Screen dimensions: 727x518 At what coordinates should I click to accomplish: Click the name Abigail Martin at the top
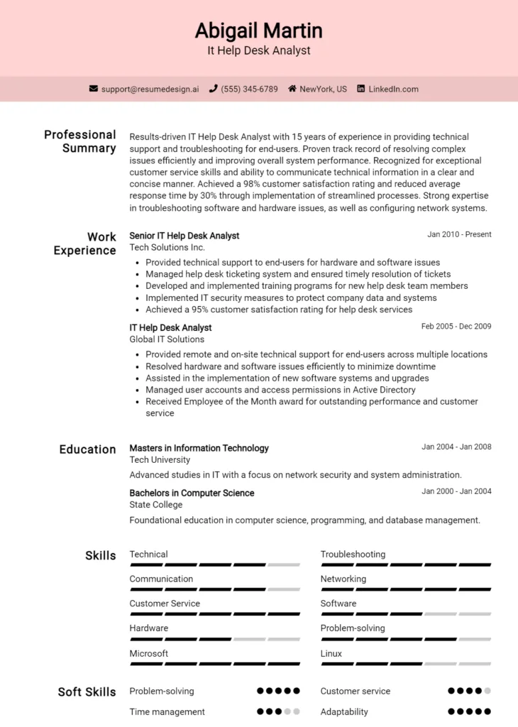(x=259, y=31)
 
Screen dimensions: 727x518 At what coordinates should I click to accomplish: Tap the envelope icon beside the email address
(x=94, y=89)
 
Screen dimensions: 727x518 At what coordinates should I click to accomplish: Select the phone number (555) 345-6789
(x=249, y=89)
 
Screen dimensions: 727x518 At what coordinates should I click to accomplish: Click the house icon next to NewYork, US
(x=292, y=89)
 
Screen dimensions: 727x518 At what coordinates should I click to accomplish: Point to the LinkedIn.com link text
(x=393, y=89)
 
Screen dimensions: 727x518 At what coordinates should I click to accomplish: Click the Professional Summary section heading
(x=80, y=141)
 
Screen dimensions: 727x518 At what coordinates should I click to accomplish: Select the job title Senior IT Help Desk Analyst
(x=184, y=236)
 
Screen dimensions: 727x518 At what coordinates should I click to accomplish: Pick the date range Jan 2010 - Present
(x=459, y=234)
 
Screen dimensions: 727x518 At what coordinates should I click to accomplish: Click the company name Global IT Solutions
(x=167, y=339)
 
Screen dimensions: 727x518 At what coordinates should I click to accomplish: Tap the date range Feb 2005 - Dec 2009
(x=456, y=327)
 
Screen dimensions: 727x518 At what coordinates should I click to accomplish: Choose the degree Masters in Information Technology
(x=199, y=448)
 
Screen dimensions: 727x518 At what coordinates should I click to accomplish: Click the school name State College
(x=156, y=505)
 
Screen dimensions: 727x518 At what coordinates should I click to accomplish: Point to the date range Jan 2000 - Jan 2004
(x=456, y=491)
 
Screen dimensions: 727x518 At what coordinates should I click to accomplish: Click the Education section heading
(x=87, y=449)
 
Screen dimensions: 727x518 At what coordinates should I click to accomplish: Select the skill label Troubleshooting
(x=353, y=554)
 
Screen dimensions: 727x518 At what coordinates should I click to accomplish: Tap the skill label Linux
(x=331, y=653)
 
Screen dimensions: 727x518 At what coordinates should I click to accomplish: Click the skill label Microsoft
(x=149, y=653)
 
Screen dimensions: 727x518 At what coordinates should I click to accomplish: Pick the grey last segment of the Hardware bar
(x=284, y=639)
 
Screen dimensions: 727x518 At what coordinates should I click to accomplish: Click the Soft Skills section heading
(x=87, y=692)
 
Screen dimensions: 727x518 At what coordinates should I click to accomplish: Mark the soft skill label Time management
(x=167, y=711)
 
